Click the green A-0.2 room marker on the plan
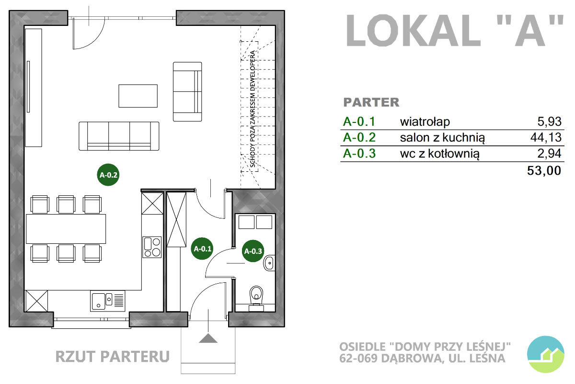[108, 175]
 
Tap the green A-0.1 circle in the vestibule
[202, 249]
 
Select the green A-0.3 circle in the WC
[253, 251]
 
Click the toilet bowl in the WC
[256, 299]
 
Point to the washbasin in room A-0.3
[269, 263]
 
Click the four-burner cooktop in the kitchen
[152, 247]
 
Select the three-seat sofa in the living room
[119, 136]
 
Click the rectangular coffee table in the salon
[138, 96]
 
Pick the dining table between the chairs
[66, 229]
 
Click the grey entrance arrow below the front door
[208, 338]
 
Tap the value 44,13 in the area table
[546, 137]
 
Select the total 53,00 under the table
[544, 170]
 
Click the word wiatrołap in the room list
[425, 121]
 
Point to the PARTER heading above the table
[371, 102]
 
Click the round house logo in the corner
[546, 354]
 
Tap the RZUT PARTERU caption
[113, 357]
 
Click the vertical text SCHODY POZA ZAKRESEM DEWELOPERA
[253, 109]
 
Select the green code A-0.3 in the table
[359, 154]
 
